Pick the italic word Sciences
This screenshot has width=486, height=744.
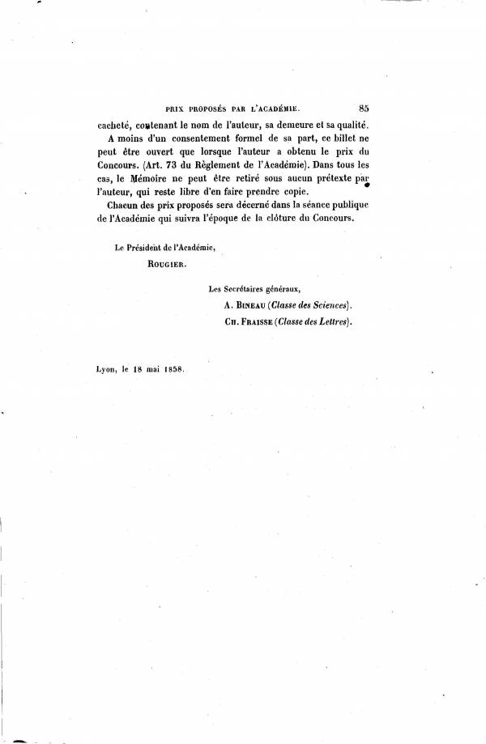(327, 306)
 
